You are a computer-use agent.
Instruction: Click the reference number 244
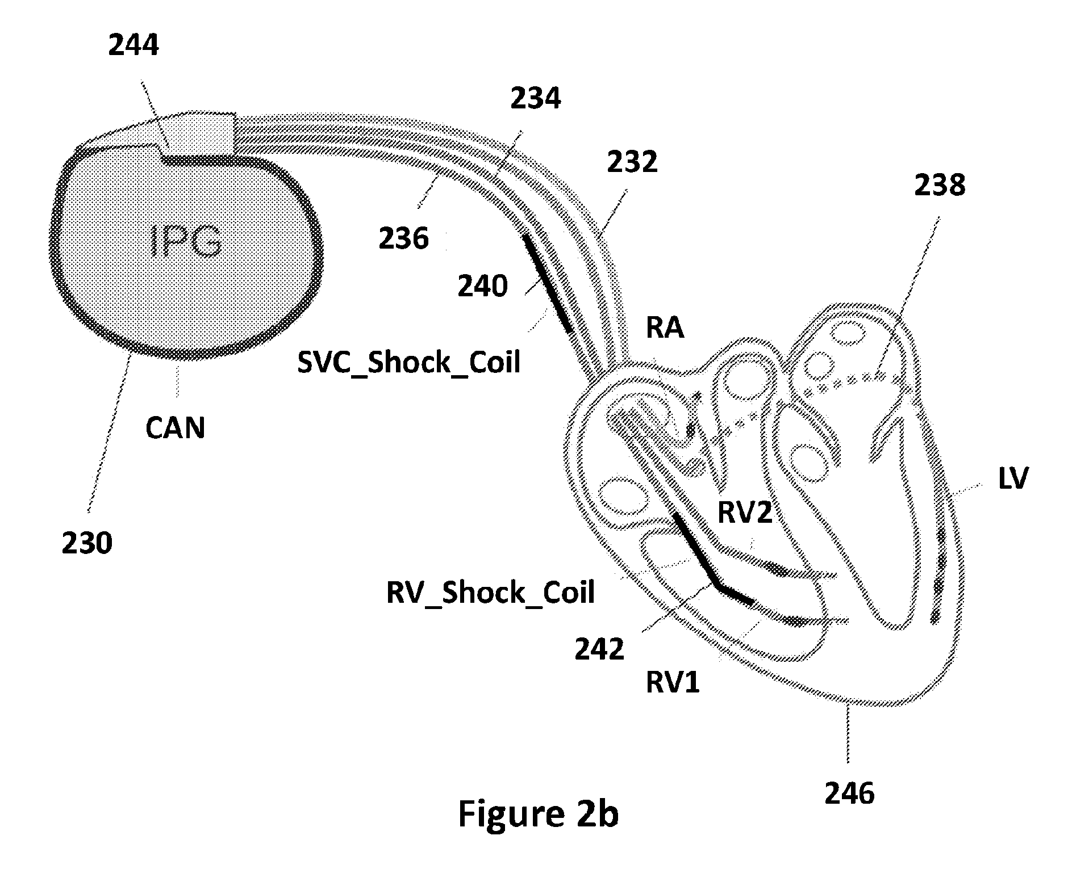[x=133, y=46]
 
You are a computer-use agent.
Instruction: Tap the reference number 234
[x=535, y=98]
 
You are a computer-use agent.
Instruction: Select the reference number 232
[x=632, y=163]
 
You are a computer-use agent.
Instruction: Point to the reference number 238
[x=940, y=185]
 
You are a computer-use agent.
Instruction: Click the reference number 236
[x=404, y=238]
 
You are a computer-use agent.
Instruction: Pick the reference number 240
[x=483, y=287]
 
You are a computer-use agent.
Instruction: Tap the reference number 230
[x=87, y=543]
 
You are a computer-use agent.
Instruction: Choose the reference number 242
[x=599, y=649]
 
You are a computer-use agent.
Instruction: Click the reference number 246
[x=850, y=794]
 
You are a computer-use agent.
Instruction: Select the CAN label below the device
[x=175, y=427]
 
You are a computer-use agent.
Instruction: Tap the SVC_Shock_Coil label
[x=409, y=362]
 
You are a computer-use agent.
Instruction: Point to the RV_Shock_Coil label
[x=490, y=593]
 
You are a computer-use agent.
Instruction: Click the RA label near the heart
[x=665, y=328]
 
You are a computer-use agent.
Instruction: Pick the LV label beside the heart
[x=1013, y=478]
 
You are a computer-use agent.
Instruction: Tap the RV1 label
[x=673, y=682]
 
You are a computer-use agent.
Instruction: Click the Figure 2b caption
[x=538, y=815]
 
